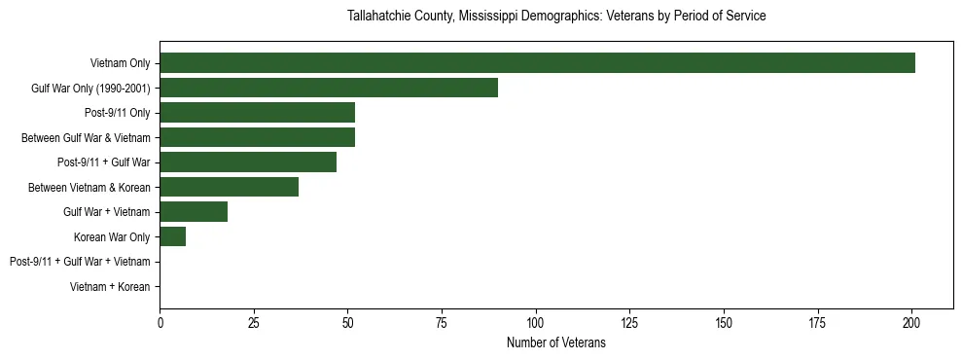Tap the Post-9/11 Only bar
(x=257, y=113)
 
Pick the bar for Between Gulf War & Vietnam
(x=257, y=137)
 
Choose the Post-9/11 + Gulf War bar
(x=248, y=162)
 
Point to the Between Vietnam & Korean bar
(x=230, y=187)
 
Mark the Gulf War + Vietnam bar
(x=194, y=212)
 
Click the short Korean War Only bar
(x=173, y=236)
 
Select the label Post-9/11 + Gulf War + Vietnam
(x=80, y=262)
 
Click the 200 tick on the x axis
(x=911, y=321)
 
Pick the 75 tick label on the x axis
(x=442, y=321)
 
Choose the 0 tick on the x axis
(x=160, y=321)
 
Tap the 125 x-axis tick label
(x=629, y=321)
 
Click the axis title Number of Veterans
(x=556, y=342)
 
